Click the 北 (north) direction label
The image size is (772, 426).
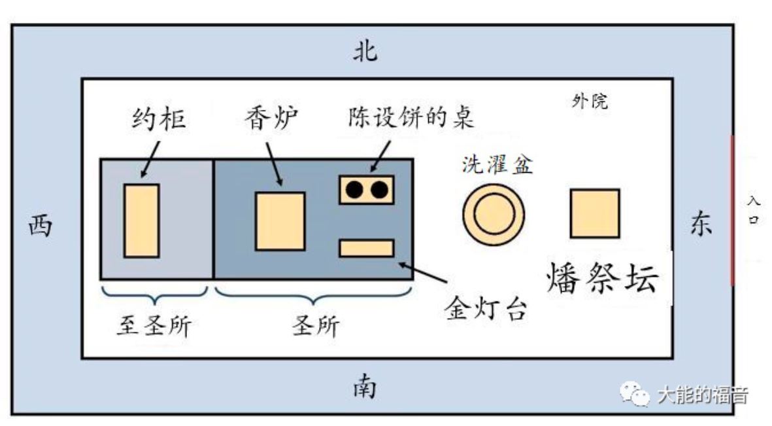pos(365,52)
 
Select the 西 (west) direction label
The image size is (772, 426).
pos(40,227)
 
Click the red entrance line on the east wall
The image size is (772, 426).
pos(732,210)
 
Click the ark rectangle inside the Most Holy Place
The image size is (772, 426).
pos(141,221)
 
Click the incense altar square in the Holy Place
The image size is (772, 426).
pos(280,221)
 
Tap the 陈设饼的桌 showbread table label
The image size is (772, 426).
pos(410,119)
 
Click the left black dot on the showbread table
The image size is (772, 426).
pos(354,190)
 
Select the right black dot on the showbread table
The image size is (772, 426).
pos(378,190)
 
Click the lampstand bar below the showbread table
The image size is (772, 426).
pos(366,249)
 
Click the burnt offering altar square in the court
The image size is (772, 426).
pos(594,213)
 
